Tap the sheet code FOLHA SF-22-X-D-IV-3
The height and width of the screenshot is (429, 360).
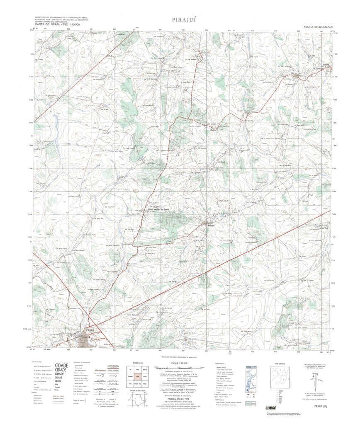pyautogui.click(x=318, y=27)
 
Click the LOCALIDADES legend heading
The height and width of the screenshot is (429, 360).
pyautogui.click(x=36, y=362)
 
